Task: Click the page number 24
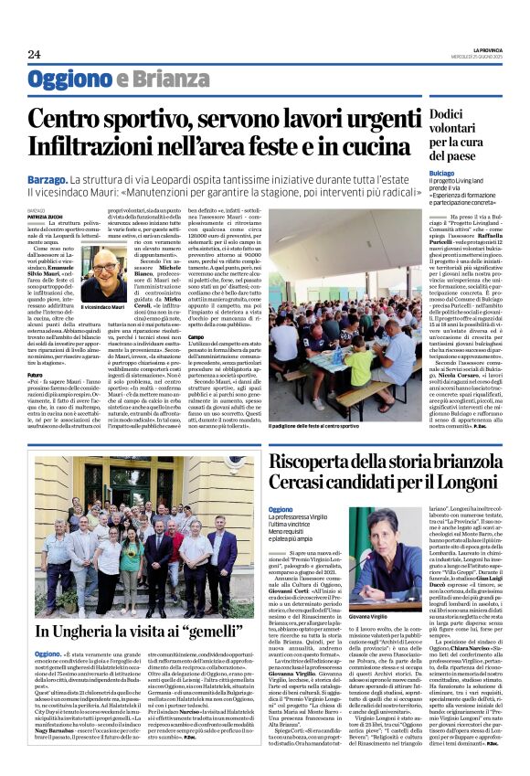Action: click(x=34, y=54)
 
